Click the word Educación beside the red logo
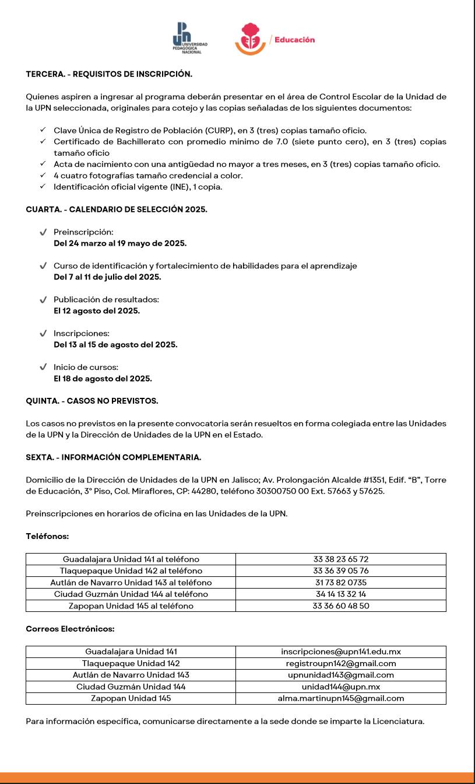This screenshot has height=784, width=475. [x=294, y=40]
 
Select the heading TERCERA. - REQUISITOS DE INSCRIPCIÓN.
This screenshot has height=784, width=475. [x=109, y=74]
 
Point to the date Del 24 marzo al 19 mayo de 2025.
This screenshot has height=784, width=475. [x=120, y=243]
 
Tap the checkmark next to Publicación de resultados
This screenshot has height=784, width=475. [x=43, y=300]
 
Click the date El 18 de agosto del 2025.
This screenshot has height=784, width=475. [x=103, y=379]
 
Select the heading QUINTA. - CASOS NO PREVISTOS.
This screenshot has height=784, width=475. [x=92, y=401]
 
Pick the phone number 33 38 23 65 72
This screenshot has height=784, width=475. [x=341, y=559]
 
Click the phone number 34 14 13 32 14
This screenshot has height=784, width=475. [x=341, y=594]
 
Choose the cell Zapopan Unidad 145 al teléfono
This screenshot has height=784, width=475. [x=131, y=606]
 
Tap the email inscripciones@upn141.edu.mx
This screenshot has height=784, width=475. [x=341, y=652]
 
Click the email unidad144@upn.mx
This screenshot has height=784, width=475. [x=341, y=687]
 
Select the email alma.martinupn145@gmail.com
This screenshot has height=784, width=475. [x=341, y=698]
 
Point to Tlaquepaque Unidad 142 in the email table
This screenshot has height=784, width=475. [x=131, y=663]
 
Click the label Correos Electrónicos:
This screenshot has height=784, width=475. [x=70, y=629]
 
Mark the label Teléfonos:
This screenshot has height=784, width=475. [x=47, y=536]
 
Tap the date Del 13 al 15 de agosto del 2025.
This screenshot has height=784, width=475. [x=115, y=345]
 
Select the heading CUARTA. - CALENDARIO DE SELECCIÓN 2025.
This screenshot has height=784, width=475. [x=117, y=209]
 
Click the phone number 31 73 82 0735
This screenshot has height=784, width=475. [x=341, y=583]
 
